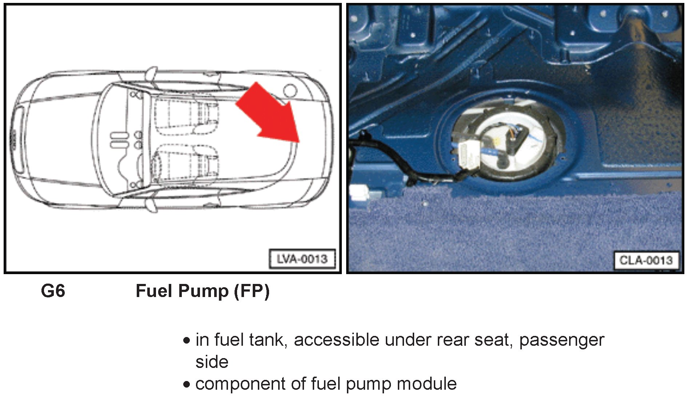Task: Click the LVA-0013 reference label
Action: (302, 259)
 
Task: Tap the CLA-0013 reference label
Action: (646, 260)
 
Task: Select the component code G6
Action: (53, 291)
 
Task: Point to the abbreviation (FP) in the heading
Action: (251, 291)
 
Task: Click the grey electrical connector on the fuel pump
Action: (469, 155)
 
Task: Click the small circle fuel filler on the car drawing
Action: (290, 90)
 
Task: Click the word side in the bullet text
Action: (212, 362)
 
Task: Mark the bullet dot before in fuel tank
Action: (187, 341)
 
